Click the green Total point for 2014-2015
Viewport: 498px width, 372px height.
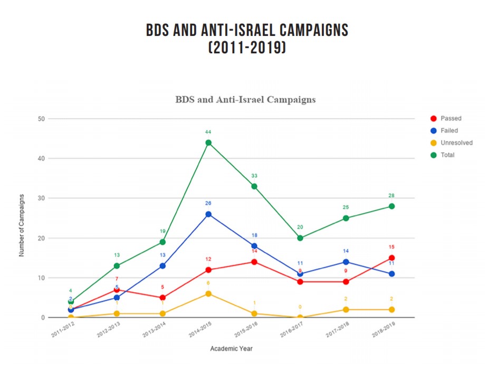[208, 142]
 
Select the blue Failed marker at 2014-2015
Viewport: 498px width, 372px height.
[208, 214]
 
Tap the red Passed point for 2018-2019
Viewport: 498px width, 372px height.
[391, 258]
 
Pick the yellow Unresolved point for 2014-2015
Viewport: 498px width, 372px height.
[208, 294]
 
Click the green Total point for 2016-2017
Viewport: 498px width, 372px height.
[300, 238]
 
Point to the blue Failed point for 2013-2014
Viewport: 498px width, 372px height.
[162, 266]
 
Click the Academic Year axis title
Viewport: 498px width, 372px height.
[231, 349]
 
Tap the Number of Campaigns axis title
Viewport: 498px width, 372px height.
[22, 225]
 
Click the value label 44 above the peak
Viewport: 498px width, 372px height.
[208, 132]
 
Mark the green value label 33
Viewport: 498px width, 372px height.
[254, 176]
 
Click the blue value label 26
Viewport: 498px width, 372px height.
[208, 203]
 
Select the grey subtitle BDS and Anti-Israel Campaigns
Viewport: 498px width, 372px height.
[245, 100]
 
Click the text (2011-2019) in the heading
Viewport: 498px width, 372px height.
[247, 48]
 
